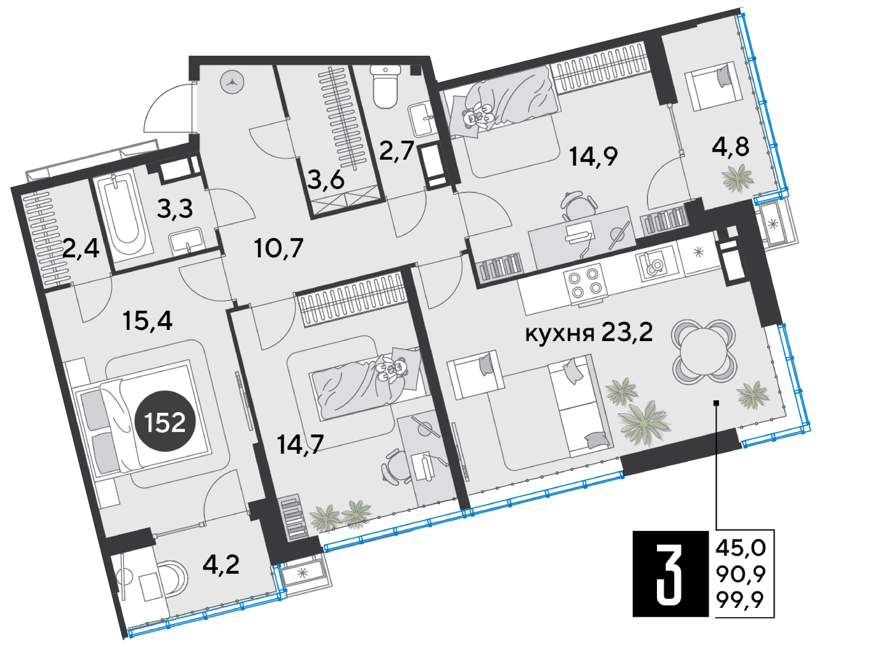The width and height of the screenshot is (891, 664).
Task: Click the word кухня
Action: (x=559, y=333)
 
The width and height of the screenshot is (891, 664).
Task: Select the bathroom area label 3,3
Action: (x=175, y=209)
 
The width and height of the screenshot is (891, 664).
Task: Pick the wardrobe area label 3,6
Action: (x=326, y=180)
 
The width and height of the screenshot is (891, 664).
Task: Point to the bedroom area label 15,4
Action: (x=148, y=321)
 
